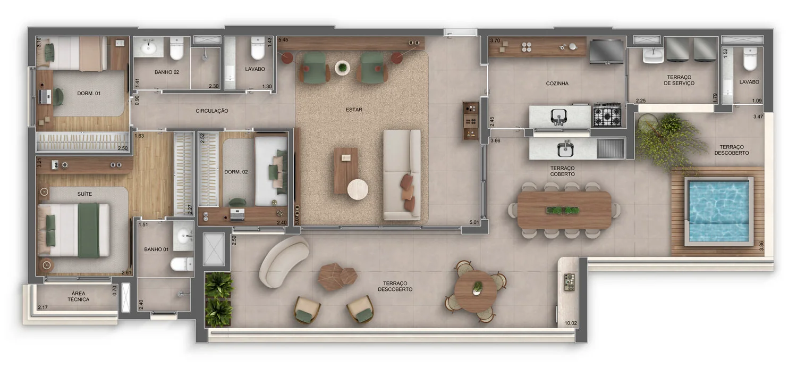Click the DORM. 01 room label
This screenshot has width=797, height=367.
pyautogui.click(x=89, y=94)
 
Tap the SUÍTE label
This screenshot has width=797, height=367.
pyautogui.click(x=84, y=194)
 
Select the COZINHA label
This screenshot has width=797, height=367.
pyautogui.click(x=557, y=84)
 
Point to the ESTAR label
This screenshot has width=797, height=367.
pyautogui.click(x=354, y=110)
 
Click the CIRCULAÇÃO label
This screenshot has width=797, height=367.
pyautogui.click(x=211, y=111)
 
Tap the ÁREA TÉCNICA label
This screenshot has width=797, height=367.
pyautogui.click(x=78, y=296)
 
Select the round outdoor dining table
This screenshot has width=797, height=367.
pyautogui.click(x=476, y=291)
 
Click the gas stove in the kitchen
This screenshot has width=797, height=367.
pyautogui.click(x=607, y=115)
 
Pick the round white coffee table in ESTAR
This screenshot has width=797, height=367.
pyautogui.click(x=358, y=189)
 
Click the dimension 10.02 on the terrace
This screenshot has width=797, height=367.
pyautogui.click(x=571, y=323)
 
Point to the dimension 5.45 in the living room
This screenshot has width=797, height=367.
pyautogui.click(x=283, y=40)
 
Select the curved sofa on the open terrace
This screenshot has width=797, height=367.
pyautogui.click(x=284, y=261)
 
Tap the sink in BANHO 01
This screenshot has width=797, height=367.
pyautogui.click(x=184, y=236)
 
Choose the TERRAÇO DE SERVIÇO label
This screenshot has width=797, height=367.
pyautogui.click(x=679, y=80)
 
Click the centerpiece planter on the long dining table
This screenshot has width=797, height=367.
pyautogui.click(x=563, y=211)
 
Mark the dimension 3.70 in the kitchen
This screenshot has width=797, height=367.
pyautogui.click(x=495, y=40)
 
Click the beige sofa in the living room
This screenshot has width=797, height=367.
pyautogui.click(x=402, y=174)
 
